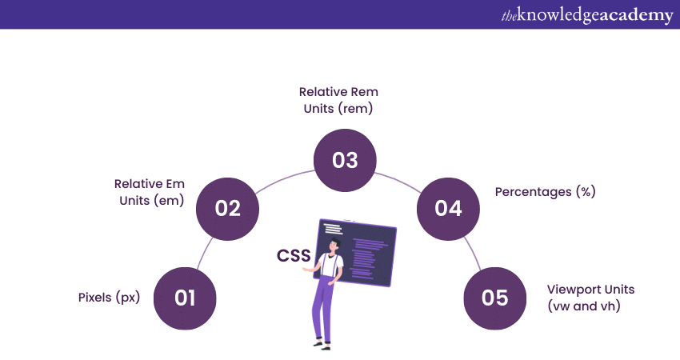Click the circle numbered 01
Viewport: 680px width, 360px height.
[185, 298]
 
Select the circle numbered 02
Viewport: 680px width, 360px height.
[228, 209]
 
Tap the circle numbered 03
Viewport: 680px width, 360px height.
[346, 160]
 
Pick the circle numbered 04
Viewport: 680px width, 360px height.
[449, 209]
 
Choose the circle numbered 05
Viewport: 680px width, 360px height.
[495, 298]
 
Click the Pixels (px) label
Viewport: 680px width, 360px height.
[110, 298]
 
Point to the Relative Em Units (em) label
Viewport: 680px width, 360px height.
[150, 192]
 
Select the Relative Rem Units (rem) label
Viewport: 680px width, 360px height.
[338, 100]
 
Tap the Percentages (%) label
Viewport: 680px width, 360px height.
[545, 192]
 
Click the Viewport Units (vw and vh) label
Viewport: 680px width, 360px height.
[590, 298]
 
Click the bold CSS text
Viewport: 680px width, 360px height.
[294, 255]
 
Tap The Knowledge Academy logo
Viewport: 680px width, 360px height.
[587, 15]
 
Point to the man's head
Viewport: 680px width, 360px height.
[334, 245]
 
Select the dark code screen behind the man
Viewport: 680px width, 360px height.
[357, 253]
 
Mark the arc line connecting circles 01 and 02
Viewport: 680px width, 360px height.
[204, 253]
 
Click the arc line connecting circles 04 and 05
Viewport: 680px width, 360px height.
[473, 254]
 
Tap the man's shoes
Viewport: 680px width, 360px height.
[322, 346]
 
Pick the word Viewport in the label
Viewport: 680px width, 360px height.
[569, 290]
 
